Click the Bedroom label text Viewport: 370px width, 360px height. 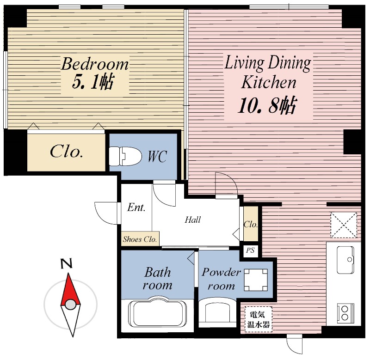(95, 64)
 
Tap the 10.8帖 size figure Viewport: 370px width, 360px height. (267, 105)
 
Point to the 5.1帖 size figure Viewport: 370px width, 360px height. (93, 81)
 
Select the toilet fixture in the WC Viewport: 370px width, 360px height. (125, 156)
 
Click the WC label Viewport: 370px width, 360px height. (157, 156)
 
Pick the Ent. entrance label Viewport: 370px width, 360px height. (136, 207)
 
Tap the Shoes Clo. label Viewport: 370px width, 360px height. (140, 239)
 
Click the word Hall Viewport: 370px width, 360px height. (192, 220)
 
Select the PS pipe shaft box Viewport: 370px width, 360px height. (250, 250)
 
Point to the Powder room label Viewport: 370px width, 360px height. (221, 279)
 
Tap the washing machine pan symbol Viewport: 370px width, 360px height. (256, 280)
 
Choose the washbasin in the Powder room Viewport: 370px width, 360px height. (217, 312)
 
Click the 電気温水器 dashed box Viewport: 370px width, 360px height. (259, 319)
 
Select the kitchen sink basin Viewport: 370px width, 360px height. (345, 260)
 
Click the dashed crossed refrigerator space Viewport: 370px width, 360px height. (344, 225)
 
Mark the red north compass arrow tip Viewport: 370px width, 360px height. (68, 274)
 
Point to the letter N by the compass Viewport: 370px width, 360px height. (67, 263)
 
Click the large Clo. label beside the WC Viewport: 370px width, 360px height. (66, 151)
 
